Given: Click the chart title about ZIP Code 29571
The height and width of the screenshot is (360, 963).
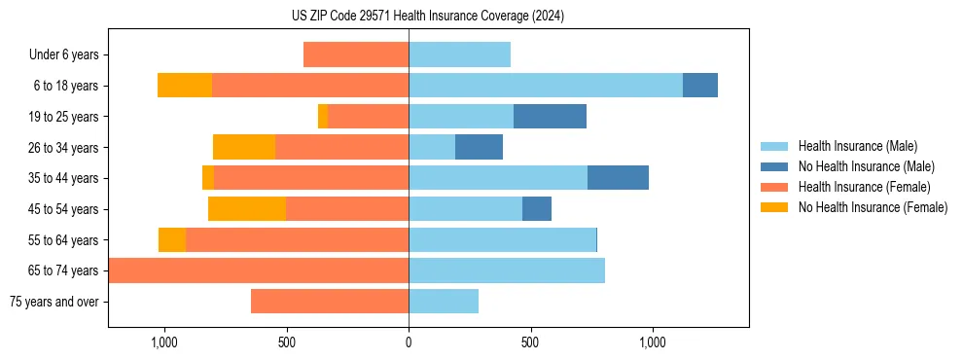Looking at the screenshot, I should pyautogui.click(x=427, y=17).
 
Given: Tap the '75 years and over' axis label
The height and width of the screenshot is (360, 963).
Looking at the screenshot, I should pyautogui.click(x=54, y=302).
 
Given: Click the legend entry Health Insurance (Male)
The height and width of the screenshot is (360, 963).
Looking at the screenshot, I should pyautogui.click(x=857, y=146).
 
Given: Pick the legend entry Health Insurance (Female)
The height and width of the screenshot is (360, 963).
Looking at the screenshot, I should pyautogui.click(x=864, y=187).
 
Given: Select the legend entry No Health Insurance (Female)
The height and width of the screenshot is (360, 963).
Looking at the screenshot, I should pyautogui.click(x=873, y=207).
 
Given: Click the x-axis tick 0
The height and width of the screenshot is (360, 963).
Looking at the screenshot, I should pyautogui.click(x=409, y=342).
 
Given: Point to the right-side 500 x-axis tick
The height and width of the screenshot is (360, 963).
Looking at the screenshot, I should pyautogui.click(x=530, y=342).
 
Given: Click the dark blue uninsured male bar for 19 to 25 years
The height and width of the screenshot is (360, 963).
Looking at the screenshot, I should pyautogui.click(x=550, y=117).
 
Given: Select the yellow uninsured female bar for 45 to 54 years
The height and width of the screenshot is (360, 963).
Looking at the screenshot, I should pyautogui.click(x=247, y=209).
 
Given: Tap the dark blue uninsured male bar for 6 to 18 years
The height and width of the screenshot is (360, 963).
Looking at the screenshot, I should pyautogui.click(x=699, y=86).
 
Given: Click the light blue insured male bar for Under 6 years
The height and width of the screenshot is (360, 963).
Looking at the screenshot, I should pyautogui.click(x=459, y=55).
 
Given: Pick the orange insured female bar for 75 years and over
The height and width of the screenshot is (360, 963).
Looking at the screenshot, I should pyautogui.click(x=330, y=302).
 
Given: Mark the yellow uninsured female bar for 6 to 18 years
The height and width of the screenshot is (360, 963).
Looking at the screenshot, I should pyautogui.click(x=185, y=86).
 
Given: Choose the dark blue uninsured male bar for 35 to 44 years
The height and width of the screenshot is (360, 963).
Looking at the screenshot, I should pyautogui.click(x=618, y=178).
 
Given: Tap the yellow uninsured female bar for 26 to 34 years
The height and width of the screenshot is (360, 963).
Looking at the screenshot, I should pyautogui.click(x=244, y=148).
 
